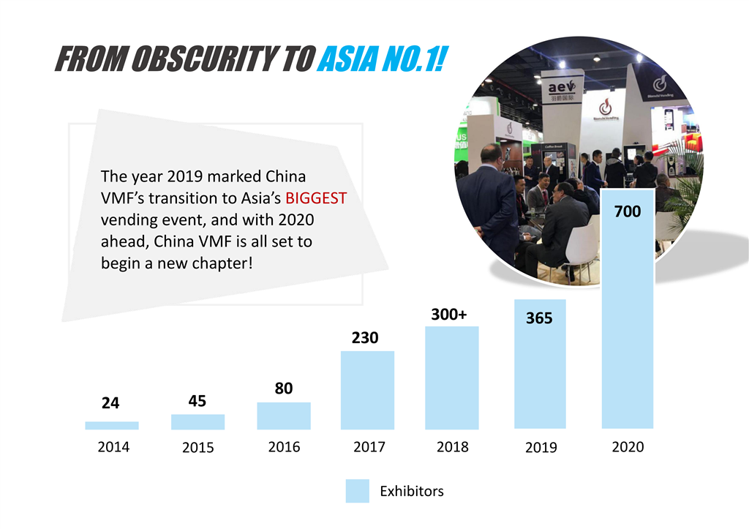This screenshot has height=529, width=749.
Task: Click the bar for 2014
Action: point(111,425)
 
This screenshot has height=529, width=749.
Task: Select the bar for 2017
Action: point(367,390)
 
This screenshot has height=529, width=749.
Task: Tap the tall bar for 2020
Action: point(627,322)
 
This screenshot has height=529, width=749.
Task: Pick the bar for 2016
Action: point(283,416)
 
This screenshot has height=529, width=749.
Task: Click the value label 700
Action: point(627,212)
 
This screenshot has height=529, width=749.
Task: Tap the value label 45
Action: point(197,401)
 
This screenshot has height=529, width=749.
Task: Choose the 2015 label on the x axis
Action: point(197,447)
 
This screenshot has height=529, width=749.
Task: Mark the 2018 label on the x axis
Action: point(452,446)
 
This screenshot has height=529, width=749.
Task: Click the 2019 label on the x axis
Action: point(541,447)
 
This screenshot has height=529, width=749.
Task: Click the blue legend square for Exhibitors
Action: point(357,491)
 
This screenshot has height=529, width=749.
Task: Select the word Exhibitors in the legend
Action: point(411,491)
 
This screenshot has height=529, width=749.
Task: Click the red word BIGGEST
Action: point(316,198)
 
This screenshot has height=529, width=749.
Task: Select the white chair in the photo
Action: point(578,245)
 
